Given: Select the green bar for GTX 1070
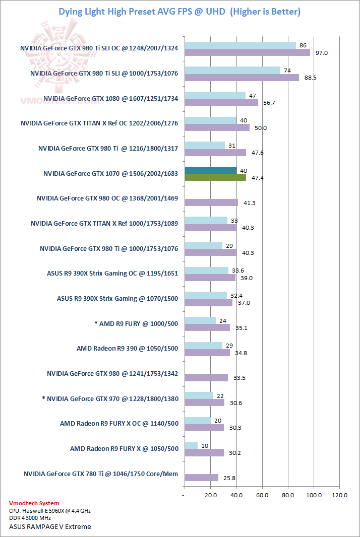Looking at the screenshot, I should (215, 177).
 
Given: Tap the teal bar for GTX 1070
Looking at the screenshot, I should (211, 170).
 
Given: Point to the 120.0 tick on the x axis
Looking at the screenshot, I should (339, 496).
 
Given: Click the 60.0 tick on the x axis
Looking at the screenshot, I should (262, 496).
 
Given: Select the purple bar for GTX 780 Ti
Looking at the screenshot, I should (201, 477).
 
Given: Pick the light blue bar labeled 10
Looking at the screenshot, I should (191, 445).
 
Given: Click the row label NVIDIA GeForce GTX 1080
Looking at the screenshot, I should (111, 98).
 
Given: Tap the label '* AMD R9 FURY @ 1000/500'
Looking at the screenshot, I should (136, 323).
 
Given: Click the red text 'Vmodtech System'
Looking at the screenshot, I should (34, 503).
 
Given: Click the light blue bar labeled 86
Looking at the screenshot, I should (240, 45).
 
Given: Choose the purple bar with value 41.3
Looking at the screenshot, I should (211, 203).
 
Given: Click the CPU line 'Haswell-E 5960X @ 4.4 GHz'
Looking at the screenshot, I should (50, 511).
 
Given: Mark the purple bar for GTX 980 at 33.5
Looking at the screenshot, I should (206, 377).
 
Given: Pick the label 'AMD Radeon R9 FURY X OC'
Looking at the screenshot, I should (119, 424).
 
